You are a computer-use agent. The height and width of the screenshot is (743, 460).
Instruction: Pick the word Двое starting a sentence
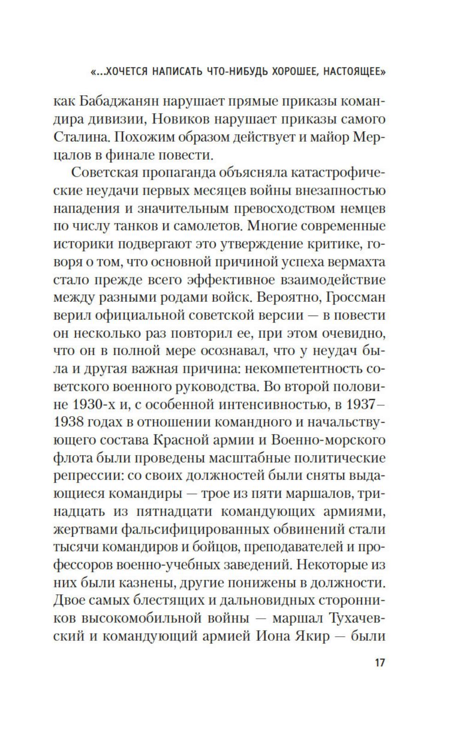pyautogui.click(x=72, y=601)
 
